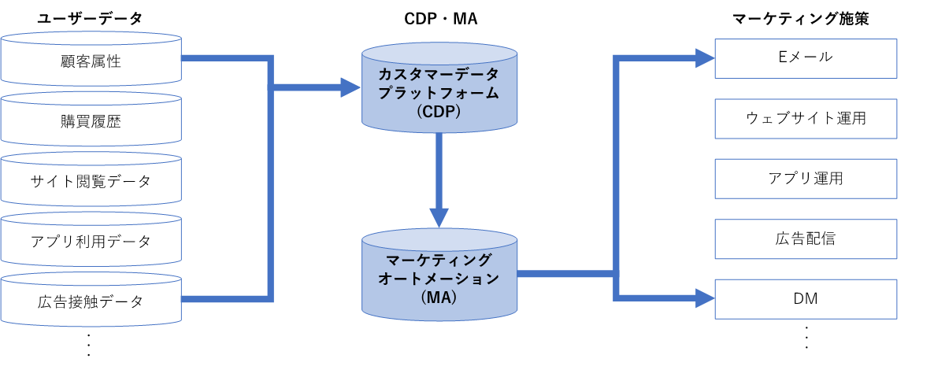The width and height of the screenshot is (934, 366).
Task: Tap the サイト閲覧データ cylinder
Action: point(91,181)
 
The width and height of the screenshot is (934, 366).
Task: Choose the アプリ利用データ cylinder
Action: point(91,241)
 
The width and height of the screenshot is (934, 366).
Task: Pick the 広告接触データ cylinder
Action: point(91,300)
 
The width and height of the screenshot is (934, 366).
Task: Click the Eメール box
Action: point(805,57)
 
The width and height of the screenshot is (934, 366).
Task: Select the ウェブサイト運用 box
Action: point(805,118)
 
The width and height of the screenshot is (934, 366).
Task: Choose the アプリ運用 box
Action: point(805,179)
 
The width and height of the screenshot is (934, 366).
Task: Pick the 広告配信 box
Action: point(805,238)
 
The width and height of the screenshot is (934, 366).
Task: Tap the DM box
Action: point(805,298)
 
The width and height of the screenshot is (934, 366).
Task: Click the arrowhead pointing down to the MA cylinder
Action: point(439,218)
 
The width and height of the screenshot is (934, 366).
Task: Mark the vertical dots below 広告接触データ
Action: point(89,345)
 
